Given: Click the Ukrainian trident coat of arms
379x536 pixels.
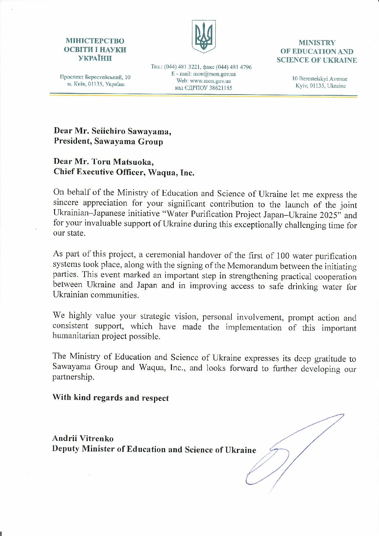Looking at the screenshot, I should [204, 36].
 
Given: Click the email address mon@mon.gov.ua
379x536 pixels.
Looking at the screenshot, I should [214, 74].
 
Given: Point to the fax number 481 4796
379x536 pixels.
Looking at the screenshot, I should [240, 67].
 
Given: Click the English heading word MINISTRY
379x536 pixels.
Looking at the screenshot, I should [317, 43].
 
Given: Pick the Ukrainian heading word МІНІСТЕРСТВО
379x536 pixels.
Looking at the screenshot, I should [95, 41].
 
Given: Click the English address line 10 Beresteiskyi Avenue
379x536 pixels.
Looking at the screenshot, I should [319, 79].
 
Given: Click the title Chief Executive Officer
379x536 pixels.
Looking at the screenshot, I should [99, 172].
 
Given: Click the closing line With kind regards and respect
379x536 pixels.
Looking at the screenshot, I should [110, 398].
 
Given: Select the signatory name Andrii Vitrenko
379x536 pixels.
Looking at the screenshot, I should [83, 438].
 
